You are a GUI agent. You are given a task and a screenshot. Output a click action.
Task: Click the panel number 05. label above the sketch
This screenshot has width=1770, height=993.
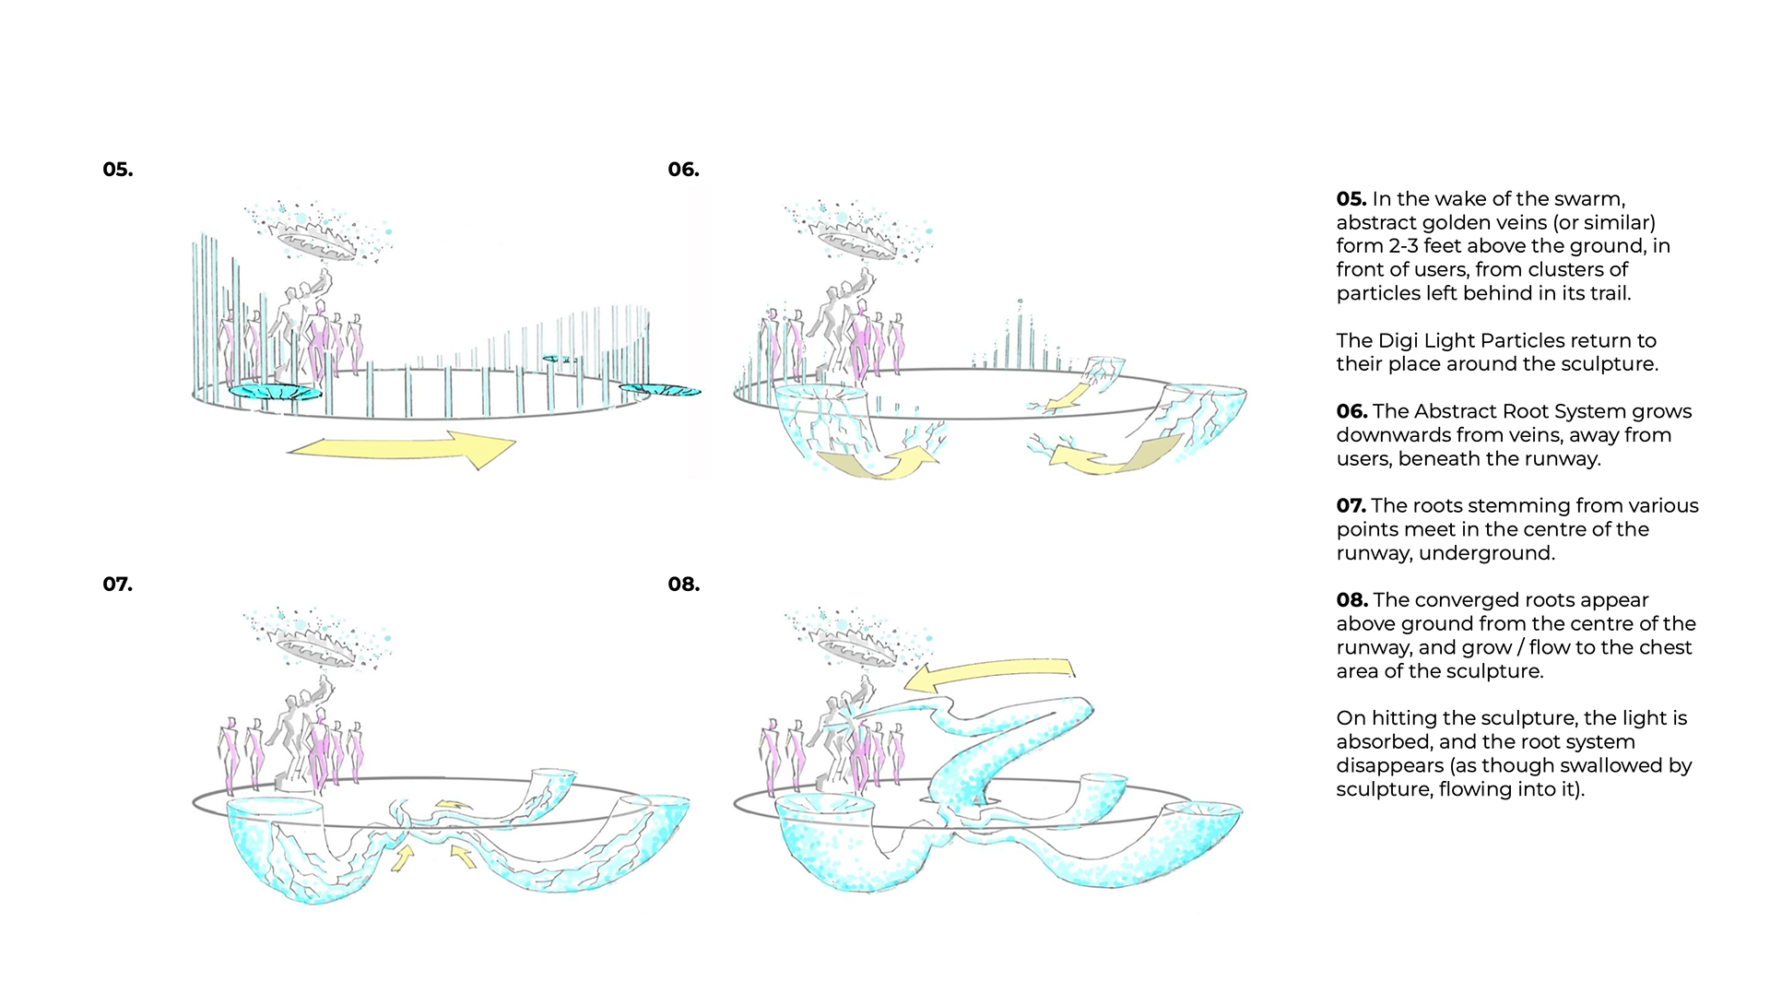pos(118,170)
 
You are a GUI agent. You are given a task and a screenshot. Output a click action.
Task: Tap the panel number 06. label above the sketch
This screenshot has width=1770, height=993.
pos(683,170)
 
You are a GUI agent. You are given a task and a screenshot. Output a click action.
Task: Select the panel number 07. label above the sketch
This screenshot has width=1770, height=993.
pos(118,585)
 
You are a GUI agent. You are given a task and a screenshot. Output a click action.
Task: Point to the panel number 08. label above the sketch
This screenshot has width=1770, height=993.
pos(683,585)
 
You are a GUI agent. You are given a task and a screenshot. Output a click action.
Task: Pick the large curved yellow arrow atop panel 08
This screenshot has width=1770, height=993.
pos(991,673)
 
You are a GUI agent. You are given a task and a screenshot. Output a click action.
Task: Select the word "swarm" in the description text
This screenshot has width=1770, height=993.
pos(1589,199)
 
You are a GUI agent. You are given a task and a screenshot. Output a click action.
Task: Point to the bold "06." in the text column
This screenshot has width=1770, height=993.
pos(1351,411)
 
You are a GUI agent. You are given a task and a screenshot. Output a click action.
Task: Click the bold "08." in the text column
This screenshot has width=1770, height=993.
pos(1351,600)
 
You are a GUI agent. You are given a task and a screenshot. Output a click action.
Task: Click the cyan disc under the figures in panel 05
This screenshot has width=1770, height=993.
pos(274,392)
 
